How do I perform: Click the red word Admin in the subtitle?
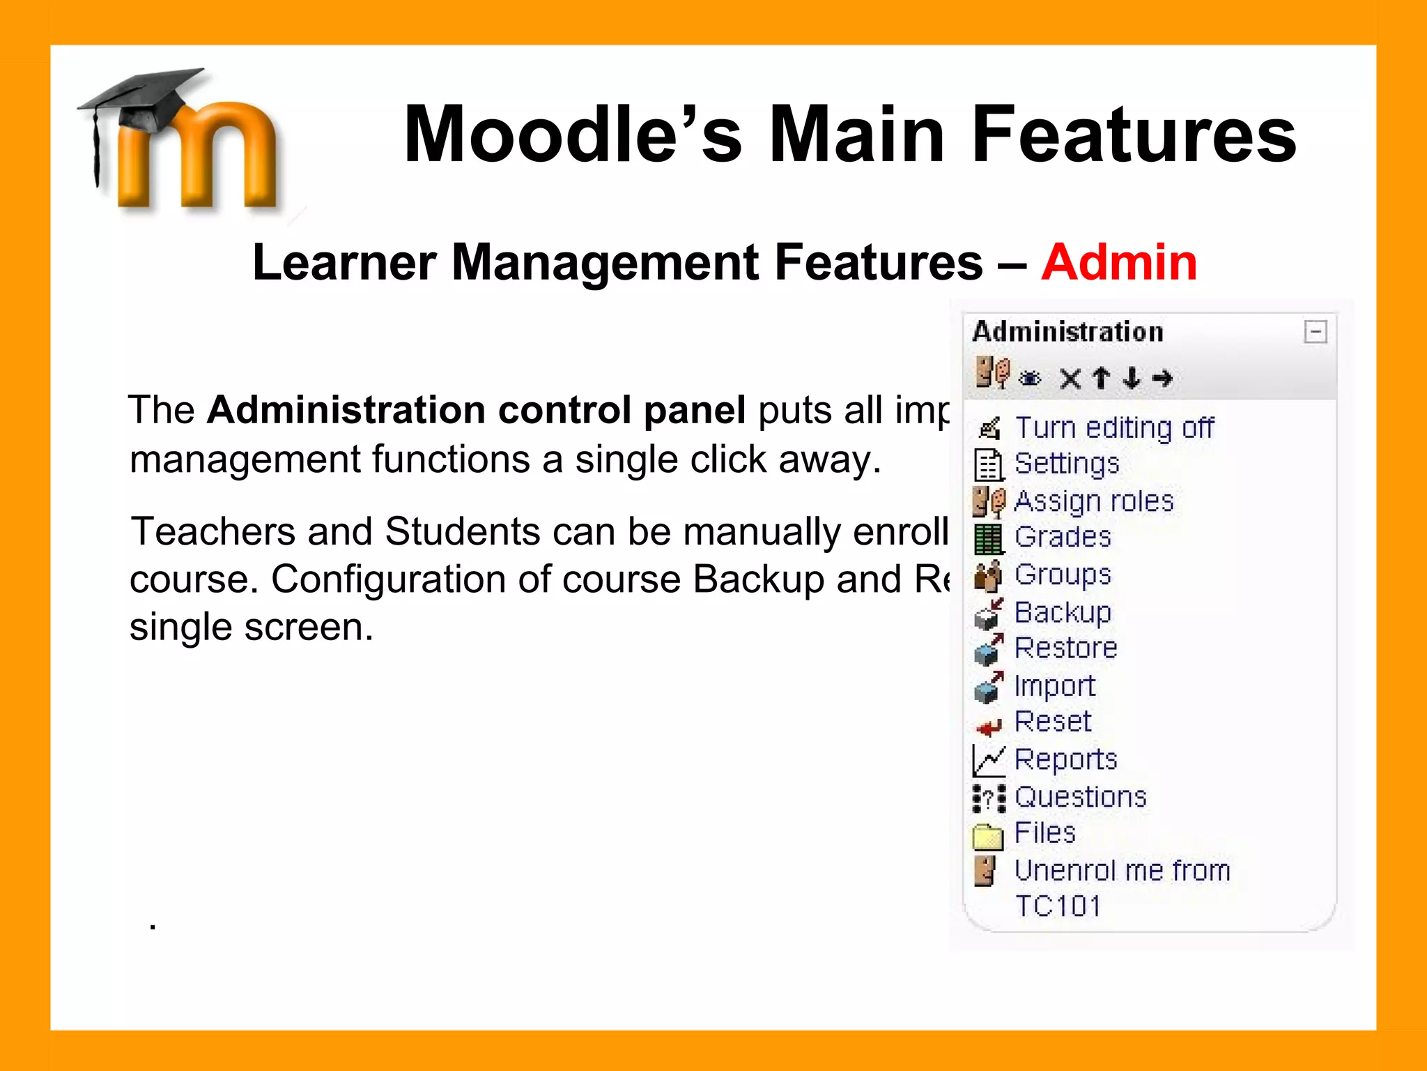tap(1119, 262)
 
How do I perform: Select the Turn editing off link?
tap(1114, 427)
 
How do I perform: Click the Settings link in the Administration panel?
tap(1067, 464)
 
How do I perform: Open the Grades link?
tap(1063, 537)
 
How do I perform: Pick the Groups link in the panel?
tap(1063, 575)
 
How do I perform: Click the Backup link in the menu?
tap(1063, 612)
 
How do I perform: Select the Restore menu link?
tap(1065, 648)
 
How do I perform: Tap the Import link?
tap(1054, 686)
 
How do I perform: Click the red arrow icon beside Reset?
tap(988, 727)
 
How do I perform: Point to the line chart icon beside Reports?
tap(988, 761)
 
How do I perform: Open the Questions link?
tap(1080, 797)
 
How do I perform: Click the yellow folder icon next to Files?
tap(987, 836)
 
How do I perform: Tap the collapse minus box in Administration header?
tap(1315, 332)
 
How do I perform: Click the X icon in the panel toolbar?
tap(1070, 379)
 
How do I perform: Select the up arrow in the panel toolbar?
tap(1101, 378)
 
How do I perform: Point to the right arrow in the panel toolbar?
tap(1162, 378)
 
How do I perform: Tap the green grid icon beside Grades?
tap(988, 538)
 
